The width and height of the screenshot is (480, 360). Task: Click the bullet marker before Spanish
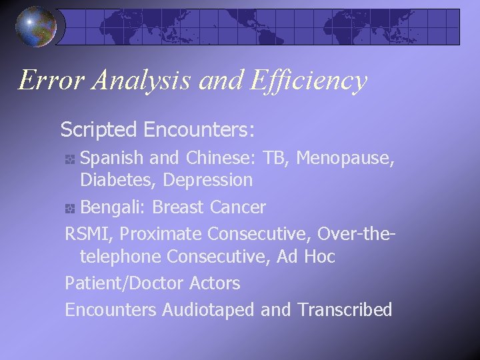click(70, 159)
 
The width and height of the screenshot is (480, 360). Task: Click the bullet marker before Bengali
click(70, 208)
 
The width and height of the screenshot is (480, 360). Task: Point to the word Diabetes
click(118, 180)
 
